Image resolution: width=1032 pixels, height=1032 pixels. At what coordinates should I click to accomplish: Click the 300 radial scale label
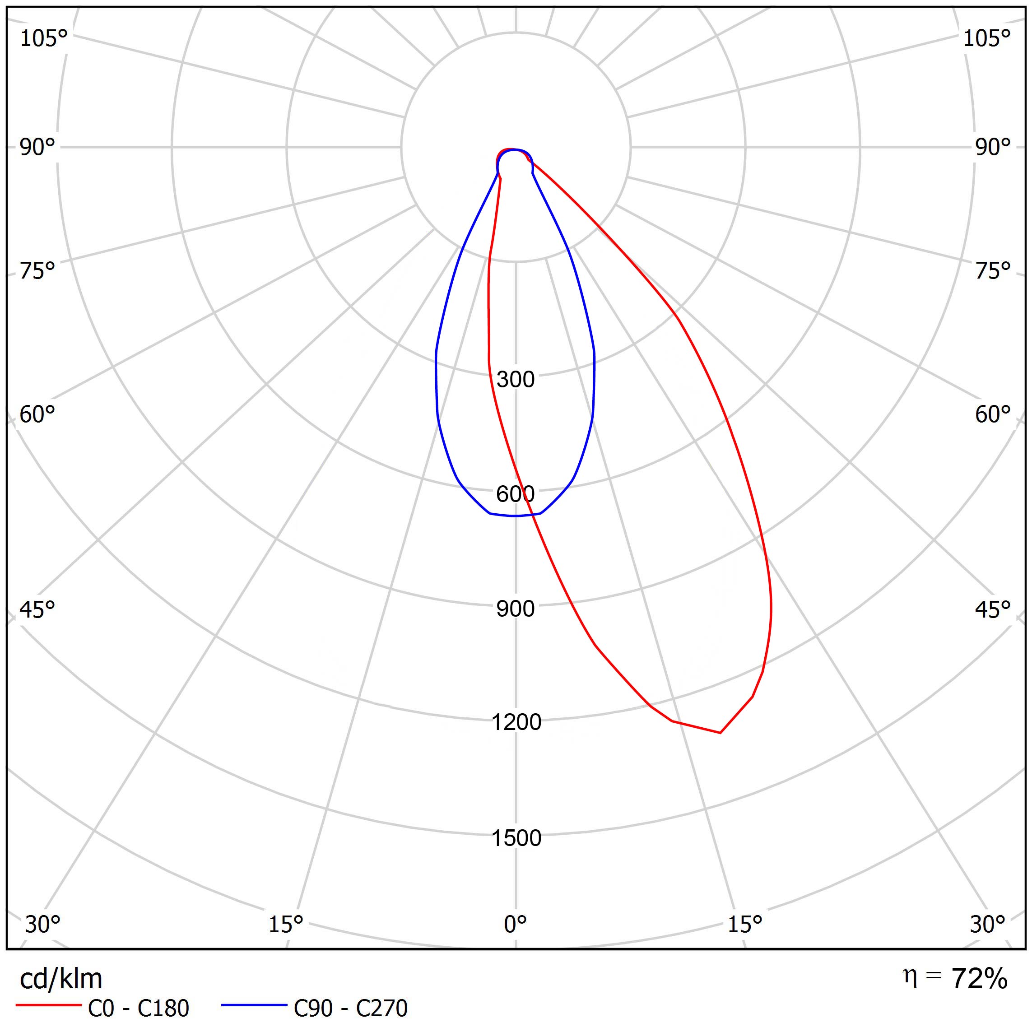click(x=515, y=379)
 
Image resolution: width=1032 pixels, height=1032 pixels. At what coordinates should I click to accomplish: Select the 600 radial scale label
click(x=515, y=494)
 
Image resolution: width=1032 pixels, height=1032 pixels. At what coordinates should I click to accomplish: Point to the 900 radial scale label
click(x=515, y=609)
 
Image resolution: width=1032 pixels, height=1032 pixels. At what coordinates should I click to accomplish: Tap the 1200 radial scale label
click(x=516, y=722)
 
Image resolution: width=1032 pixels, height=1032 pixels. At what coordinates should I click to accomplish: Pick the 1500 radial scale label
click(x=516, y=838)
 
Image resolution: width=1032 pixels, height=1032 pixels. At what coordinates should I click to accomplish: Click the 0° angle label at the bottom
click(x=516, y=924)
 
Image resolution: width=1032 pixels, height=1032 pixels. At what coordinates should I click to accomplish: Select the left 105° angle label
click(x=44, y=38)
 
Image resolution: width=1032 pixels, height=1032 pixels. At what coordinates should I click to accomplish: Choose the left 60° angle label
click(x=37, y=414)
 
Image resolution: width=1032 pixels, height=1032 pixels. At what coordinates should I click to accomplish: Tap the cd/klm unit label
click(x=61, y=979)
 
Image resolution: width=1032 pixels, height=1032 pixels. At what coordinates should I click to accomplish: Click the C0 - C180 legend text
click(x=138, y=1009)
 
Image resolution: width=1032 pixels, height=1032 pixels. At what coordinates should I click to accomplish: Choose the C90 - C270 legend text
click(x=350, y=1009)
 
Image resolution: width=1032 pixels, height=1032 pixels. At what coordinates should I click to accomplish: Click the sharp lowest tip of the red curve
click(x=720, y=732)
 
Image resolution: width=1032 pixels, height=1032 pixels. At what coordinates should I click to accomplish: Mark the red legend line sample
click(x=48, y=1005)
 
